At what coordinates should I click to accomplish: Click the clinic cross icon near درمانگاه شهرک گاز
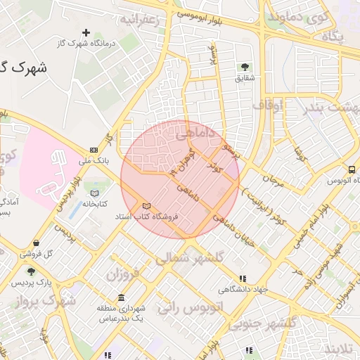coord(86,32)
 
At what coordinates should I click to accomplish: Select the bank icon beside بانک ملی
coord(94,150)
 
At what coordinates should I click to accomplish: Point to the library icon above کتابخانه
coord(95,193)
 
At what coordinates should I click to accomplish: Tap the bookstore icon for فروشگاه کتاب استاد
coord(146,205)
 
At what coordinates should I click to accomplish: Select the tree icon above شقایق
coord(245,67)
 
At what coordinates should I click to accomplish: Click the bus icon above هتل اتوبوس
coord(351,169)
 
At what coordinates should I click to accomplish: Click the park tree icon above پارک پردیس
coord(31,271)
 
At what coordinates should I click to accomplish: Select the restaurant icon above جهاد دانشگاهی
coord(243,278)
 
